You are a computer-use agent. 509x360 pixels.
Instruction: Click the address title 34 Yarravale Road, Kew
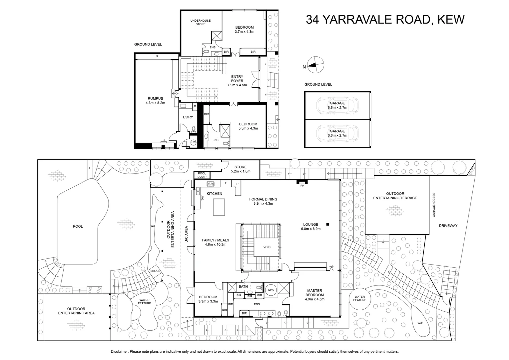385,20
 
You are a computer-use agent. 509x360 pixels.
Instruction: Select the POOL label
78,227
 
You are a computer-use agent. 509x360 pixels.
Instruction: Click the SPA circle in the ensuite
271,290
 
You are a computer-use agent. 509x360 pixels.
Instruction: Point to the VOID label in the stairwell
267,247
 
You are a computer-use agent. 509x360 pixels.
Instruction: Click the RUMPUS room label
155,101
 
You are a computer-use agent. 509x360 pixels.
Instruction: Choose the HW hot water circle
193,142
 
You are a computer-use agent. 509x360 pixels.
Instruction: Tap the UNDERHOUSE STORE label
201,22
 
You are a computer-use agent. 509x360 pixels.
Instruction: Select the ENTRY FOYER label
237,81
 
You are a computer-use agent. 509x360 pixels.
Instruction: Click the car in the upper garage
337,105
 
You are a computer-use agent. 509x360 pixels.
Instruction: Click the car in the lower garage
337,133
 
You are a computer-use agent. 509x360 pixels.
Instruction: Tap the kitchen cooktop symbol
211,184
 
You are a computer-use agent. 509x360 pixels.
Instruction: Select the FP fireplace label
302,185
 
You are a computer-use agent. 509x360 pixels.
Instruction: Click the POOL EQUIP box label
202,175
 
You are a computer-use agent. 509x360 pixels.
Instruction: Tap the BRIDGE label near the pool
155,271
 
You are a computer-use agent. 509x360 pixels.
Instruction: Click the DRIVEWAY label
448,226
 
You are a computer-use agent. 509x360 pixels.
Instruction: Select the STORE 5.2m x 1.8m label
241,169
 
